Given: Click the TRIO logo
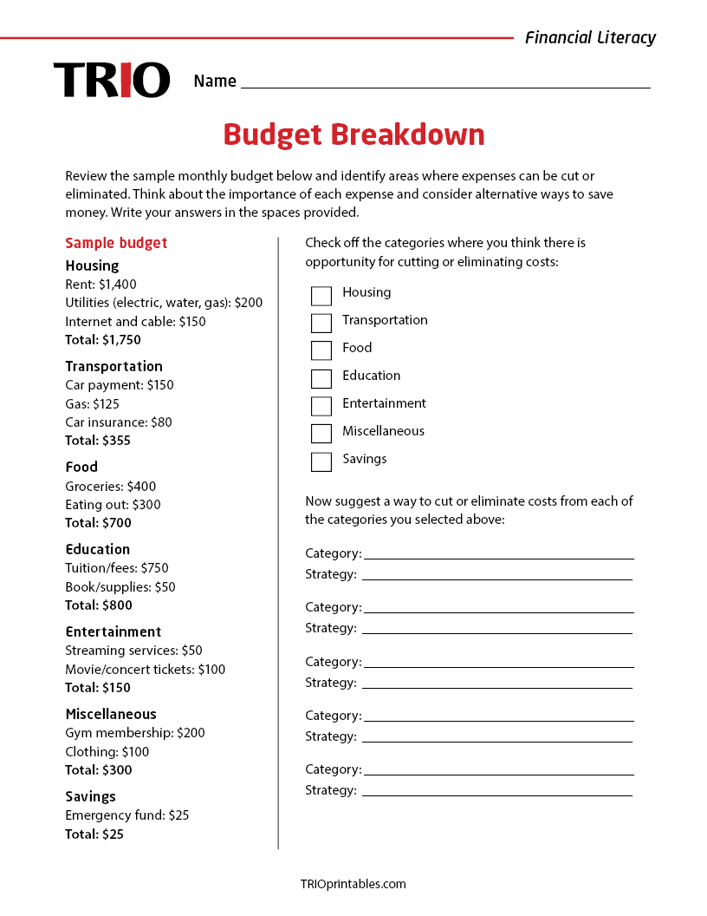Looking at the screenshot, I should [111, 79].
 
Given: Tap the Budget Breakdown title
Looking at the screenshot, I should [353, 134].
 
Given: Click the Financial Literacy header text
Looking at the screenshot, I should [590, 37].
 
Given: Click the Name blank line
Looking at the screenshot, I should [445, 82].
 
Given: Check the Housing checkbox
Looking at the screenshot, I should [321, 296].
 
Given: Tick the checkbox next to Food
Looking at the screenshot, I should [321, 350].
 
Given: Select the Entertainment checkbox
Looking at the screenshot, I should [321, 406].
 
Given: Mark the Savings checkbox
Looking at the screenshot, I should [321, 461].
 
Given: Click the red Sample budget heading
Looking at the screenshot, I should [116, 243].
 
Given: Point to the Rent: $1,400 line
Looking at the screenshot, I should [101, 284].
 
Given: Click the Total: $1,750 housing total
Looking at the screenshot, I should [102, 339].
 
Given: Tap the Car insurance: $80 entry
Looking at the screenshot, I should [119, 422].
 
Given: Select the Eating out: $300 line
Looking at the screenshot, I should [113, 504].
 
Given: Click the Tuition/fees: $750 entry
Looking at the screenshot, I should [117, 568].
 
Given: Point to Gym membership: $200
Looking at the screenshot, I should [135, 733].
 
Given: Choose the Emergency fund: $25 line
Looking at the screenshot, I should [126, 815].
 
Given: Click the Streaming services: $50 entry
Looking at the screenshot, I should [133, 651].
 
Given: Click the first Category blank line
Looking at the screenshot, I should [498, 554].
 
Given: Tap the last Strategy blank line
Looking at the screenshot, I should [496, 791].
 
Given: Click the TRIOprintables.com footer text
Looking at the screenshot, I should [353, 884].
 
